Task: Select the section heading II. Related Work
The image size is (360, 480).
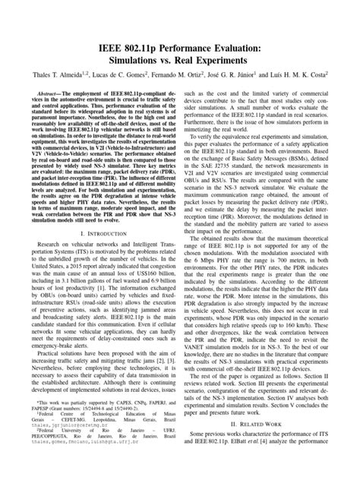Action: (x=264, y=443)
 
